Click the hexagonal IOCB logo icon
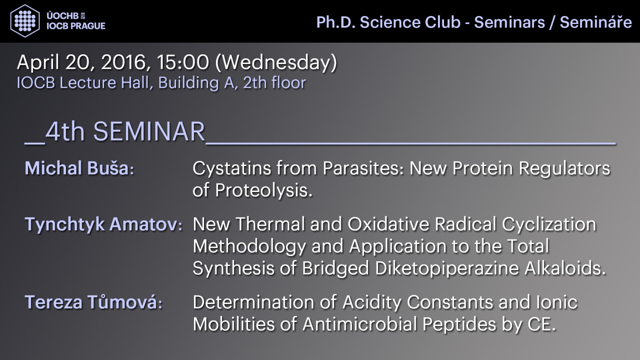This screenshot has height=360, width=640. (25, 21)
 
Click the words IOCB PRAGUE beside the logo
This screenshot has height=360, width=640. (76, 26)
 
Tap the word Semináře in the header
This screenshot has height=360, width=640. (596, 22)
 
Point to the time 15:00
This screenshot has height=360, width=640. (183, 62)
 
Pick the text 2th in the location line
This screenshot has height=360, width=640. (255, 82)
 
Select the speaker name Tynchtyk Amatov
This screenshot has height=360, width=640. (102, 224)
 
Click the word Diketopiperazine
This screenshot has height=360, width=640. (446, 268)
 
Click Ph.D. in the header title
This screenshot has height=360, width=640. (336, 22)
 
